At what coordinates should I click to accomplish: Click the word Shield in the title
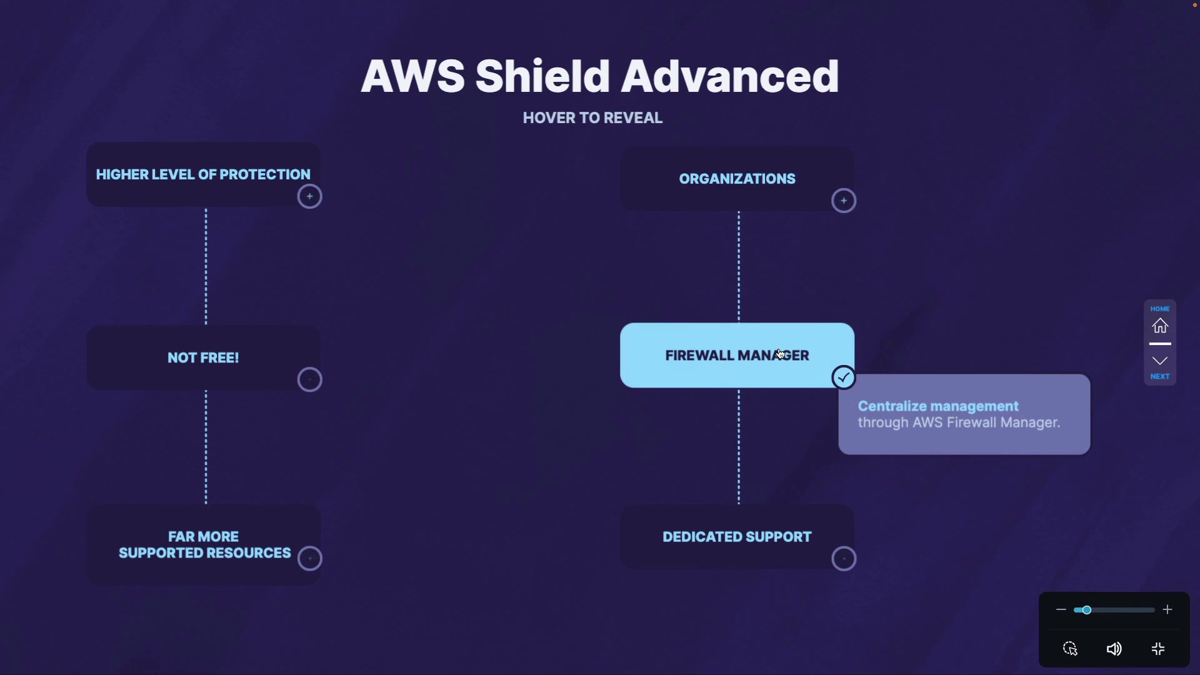click(x=542, y=76)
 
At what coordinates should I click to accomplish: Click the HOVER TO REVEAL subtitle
click(x=592, y=118)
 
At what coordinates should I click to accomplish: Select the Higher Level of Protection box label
click(x=203, y=174)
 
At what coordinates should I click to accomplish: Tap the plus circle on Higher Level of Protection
click(x=309, y=197)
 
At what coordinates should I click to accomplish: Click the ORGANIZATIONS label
click(x=737, y=179)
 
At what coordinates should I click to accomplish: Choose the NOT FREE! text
click(x=203, y=357)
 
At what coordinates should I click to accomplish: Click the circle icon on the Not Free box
click(x=309, y=379)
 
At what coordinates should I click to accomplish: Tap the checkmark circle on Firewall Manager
click(x=844, y=377)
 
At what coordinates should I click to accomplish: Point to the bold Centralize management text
click(x=938, y=406)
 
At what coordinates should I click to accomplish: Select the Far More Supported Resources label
click(x=204, y=545)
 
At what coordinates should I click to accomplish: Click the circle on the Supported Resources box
click(x=309, y=558)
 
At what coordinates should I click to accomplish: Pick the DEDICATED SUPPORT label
click(x=737, y=537)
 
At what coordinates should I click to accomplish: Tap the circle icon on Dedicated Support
click(x=844, y=558)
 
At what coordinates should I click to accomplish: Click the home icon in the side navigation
click(x=1160, y=326)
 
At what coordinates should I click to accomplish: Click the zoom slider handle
click(x=1087, y=610)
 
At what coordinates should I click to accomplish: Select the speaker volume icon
click(x=1114, y=649)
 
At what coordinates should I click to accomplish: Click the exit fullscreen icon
click(x=1158, y=649)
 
